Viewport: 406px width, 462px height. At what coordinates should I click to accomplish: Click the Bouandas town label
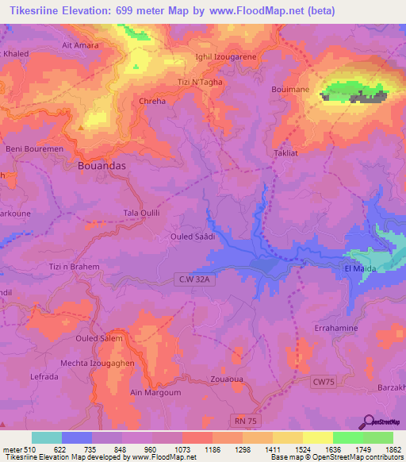pos(107,167)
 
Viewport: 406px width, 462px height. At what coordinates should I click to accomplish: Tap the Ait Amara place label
pos(80,45)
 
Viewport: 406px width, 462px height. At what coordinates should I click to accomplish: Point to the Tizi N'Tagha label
pos(198,82)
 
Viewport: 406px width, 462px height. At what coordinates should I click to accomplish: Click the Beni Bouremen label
pos(30,148)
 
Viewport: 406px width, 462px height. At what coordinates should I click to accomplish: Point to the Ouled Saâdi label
pos(193,237)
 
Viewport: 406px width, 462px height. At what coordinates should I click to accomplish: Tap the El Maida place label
pos(358,269)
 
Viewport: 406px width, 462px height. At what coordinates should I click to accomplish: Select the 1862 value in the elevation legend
pos(393,449)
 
